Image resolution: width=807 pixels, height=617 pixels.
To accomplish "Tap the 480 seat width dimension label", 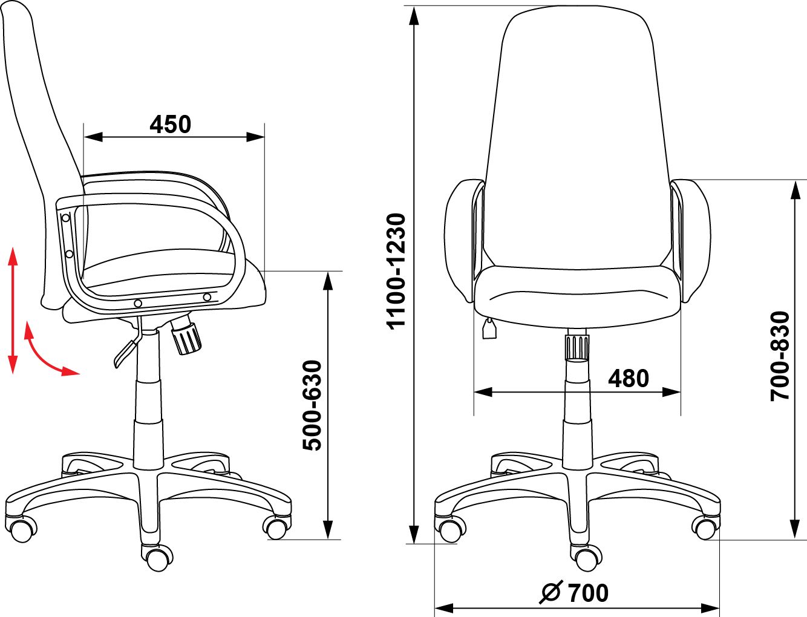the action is [629, 379].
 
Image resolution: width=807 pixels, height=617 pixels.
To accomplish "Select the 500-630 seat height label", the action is [312, 405].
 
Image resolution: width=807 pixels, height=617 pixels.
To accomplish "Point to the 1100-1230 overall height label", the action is [396, 270].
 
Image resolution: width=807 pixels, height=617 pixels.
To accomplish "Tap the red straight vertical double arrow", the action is [13, 310].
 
